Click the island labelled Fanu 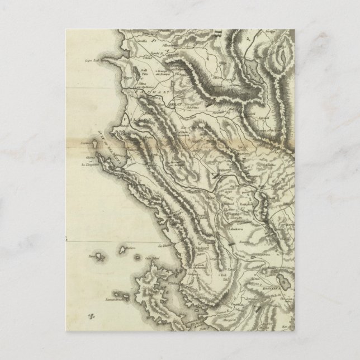tap(91, 257)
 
